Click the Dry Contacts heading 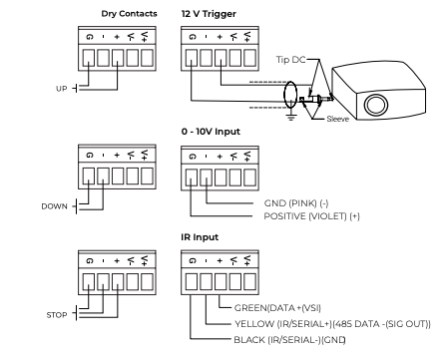pos(129,14)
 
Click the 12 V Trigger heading pos(209,14)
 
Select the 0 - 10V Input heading pos(211,132)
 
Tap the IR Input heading pos(200,237)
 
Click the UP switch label pos(62,89)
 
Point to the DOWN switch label pos(54,206)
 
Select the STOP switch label pos(57,315)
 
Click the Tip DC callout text pos(290,60)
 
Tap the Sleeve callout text pos(337,119)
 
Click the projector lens pos(376,105)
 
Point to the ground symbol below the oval pos(291,117)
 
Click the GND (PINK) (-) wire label pos(296,202)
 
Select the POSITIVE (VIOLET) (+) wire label pos(311,216)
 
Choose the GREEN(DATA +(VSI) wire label pos(277,308)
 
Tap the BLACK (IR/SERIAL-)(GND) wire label pos(289,340)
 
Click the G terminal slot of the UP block pos(89,58)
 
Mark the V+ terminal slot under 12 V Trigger pos(249,58)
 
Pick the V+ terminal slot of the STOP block pos(147,282)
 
